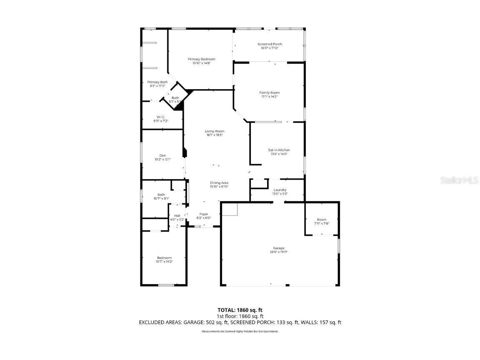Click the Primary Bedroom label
tap(201, 59)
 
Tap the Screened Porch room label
tap(270, 44)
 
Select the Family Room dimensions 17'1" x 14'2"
tap(269, 97)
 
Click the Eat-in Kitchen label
tap(279, 150)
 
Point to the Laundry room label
tap(280, 190)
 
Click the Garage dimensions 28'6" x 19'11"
tap(279, 252)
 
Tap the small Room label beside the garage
tap(321, 220)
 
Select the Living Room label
tap(215, 131)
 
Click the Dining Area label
tap(219, 183)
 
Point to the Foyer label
tap(204, 214)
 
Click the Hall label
tap(177, 215)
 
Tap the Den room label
tap(162, 155)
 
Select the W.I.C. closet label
tap(161, 117)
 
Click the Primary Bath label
tap(157, 82)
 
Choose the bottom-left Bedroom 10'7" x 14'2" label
tap(164, 258)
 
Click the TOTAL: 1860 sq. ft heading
tap(240, 310)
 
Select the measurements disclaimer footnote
tap(240, 331)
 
